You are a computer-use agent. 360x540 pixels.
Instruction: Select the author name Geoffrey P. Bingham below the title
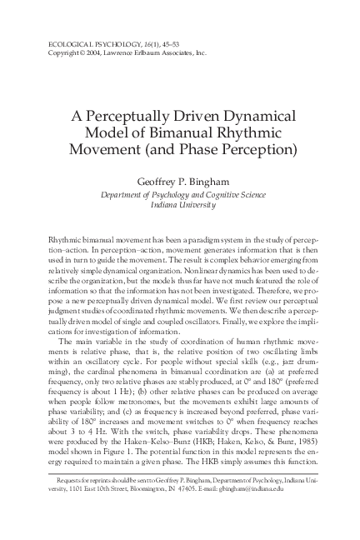(180, 182)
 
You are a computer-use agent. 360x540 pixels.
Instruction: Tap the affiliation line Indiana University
(180, 205)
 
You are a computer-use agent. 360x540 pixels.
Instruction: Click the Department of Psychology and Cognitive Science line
(180, 194)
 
